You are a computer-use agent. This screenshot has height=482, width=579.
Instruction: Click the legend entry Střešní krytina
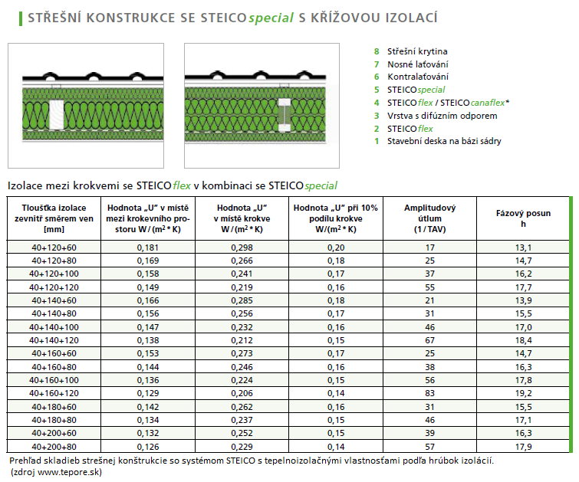417,51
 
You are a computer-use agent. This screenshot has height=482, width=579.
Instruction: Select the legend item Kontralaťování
418,77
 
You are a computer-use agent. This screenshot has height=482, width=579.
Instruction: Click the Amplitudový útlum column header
429,218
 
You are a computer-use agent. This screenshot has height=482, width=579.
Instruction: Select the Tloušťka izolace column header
54,218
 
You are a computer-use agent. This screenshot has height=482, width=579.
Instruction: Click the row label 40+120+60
54,248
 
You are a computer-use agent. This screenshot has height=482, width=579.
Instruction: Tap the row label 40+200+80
54,446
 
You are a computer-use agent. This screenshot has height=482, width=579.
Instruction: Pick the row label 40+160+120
54,393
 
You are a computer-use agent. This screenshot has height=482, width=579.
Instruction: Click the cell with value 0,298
242,248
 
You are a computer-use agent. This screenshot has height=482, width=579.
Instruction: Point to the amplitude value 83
429,393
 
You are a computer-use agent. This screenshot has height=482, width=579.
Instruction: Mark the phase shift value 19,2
524,393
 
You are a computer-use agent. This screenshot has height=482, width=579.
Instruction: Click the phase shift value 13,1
524,248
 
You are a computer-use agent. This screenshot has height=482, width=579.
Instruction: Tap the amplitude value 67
429,340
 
